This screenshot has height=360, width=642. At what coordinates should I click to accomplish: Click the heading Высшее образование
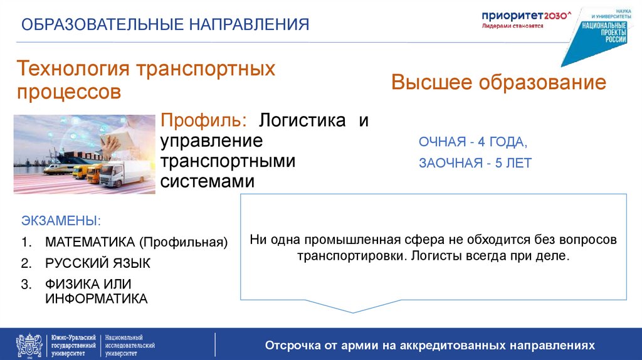tap(498, 83)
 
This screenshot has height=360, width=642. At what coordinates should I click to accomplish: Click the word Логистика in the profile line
tap(303, 120)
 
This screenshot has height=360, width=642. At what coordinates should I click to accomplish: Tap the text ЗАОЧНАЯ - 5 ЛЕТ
tap(475, 163)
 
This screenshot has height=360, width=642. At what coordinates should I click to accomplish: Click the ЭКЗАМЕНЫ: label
tap(61, 221)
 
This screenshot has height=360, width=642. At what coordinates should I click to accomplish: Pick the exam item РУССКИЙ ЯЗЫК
tap(97, 263)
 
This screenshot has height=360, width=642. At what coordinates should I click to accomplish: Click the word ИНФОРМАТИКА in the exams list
tap(96, 299)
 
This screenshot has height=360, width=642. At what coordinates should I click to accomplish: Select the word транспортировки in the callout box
tap(345, 257)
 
